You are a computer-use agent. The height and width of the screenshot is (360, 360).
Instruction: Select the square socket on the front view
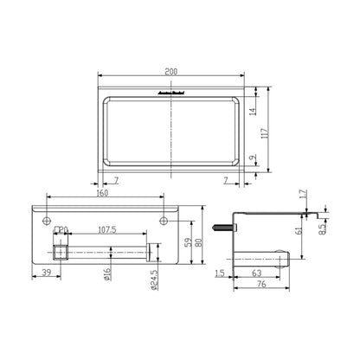[60, 252]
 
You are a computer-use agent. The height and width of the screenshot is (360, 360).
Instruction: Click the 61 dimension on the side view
[299, 230]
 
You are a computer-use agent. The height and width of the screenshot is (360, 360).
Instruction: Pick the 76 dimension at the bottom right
[264, 289]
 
